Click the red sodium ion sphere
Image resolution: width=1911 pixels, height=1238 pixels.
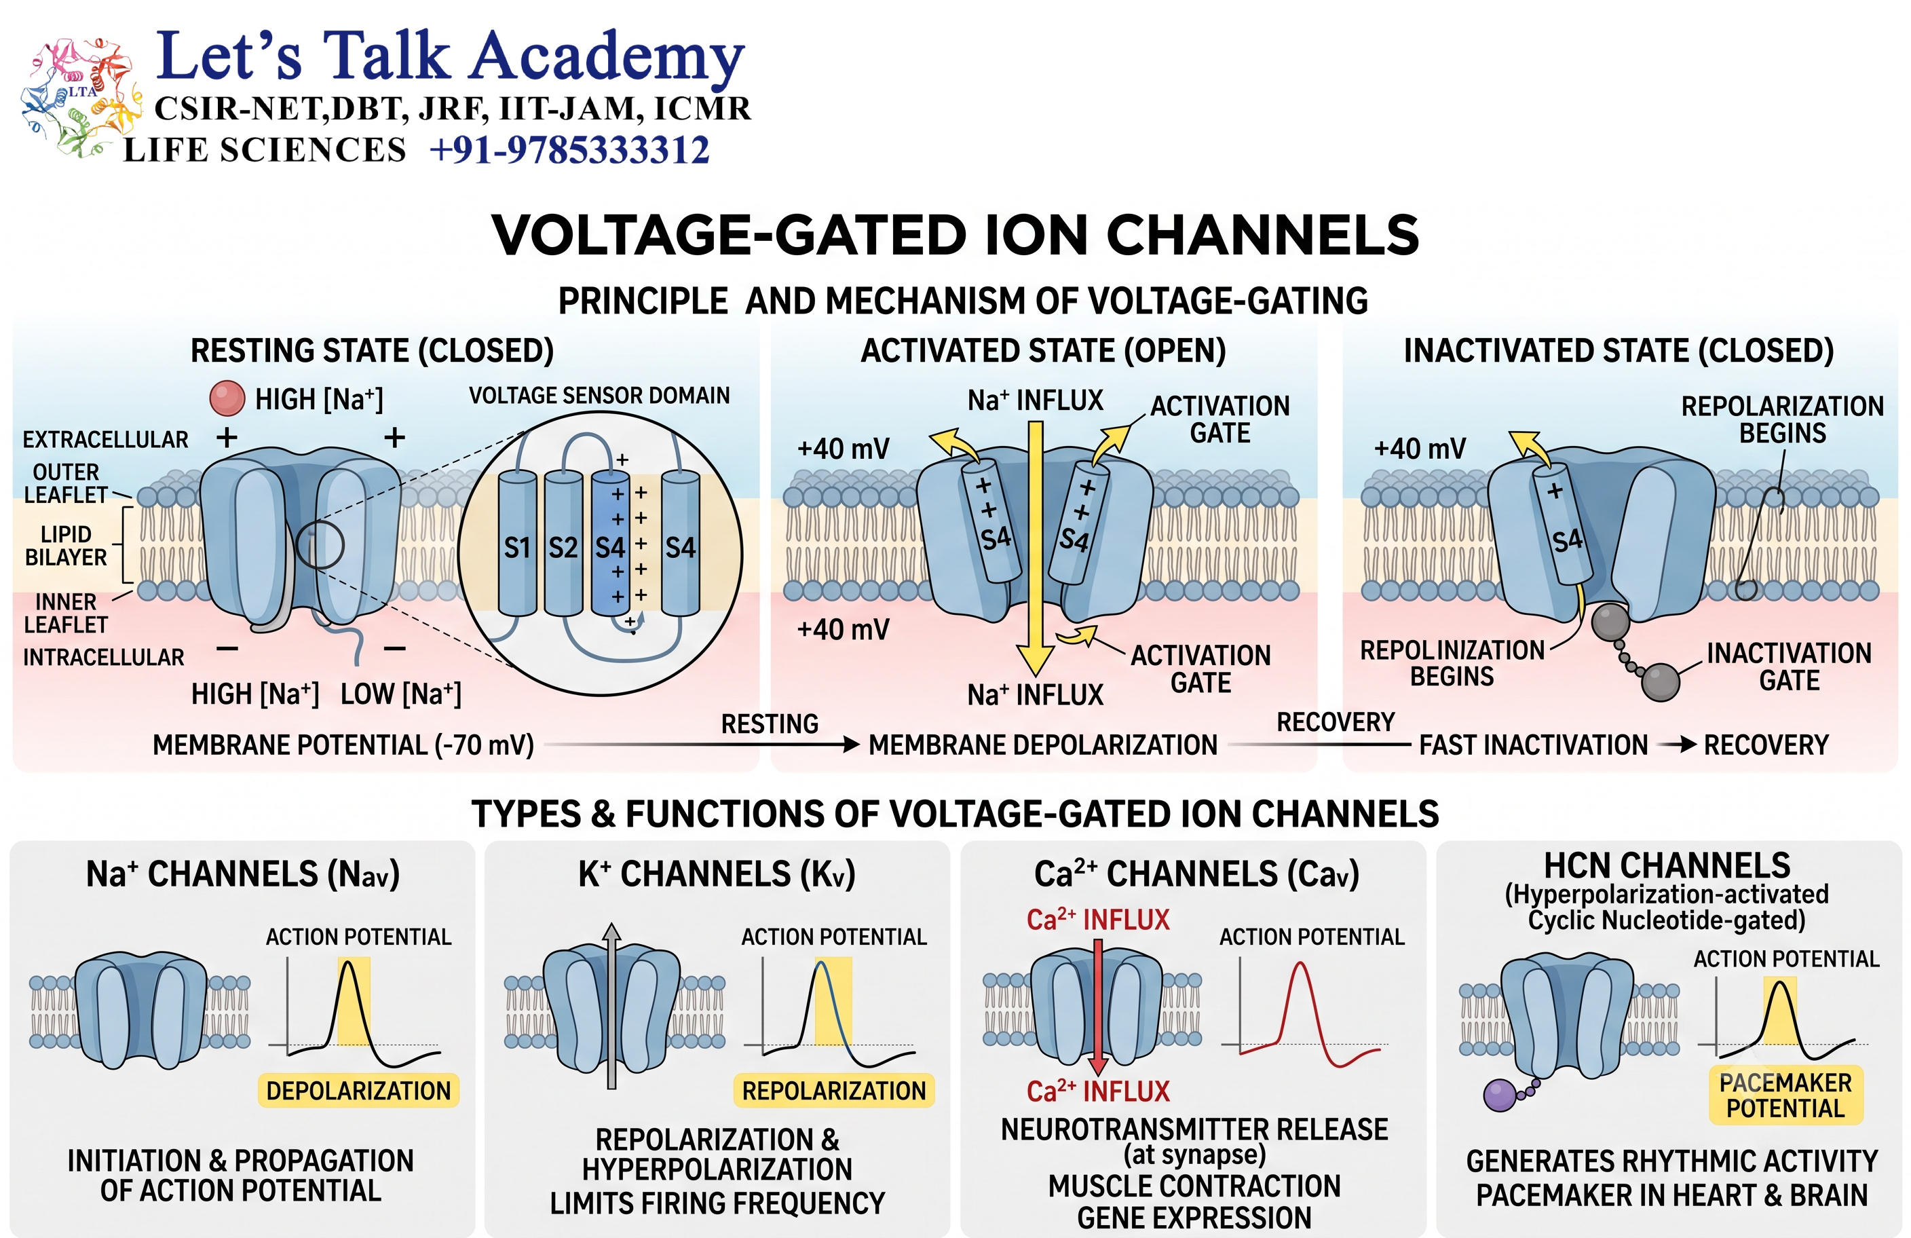pos(227,398)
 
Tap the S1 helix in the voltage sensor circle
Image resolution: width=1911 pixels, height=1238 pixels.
pos(517,544)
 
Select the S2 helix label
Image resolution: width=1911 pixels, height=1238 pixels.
pos(563,548)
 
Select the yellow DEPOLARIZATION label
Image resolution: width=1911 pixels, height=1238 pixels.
pos(358,1090)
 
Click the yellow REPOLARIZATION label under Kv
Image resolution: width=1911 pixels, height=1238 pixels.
pos(833,1090)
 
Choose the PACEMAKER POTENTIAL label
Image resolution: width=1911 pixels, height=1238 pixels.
pos(1785,1095)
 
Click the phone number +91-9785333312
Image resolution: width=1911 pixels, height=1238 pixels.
pos(569,150)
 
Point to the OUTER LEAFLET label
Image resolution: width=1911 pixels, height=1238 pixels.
pos(66,483)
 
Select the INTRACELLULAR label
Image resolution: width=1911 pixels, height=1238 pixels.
pos(104,658)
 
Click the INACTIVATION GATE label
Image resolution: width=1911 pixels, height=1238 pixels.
pos(1789,667)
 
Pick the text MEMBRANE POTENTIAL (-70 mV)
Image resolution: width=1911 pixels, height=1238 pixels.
pos(343,745)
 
